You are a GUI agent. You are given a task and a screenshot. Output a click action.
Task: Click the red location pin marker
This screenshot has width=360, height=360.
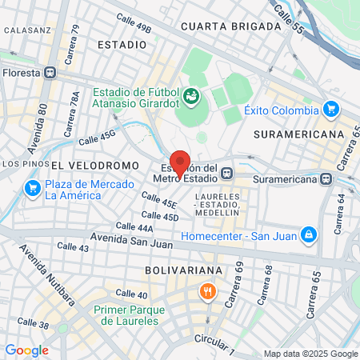pyautogui.click(x=180, y=163)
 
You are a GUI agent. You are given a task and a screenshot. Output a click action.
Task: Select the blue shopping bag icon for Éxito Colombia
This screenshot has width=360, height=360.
pyautogui.click(x=331, y=109)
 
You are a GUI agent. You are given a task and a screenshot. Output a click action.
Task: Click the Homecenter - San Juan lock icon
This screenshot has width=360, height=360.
pyautogui.click(x=307, y=235)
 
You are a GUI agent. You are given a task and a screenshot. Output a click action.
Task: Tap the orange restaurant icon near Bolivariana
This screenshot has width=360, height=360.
pyautogui.click(x=208, y=291)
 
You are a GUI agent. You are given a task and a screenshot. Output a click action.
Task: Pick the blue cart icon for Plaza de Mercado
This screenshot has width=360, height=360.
pyautogui.click(x=33, y=189)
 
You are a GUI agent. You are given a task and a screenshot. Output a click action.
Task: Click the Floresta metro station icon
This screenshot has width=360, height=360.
pyautogui.click(x=51, y=72)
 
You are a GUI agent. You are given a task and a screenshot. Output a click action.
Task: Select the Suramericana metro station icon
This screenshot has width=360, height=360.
pyautogui.click(x=326, y=178)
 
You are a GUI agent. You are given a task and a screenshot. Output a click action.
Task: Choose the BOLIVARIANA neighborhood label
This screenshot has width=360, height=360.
pyautogui.click(x=177, y=271)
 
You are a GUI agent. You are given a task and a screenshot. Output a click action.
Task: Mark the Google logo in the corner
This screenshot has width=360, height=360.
pyautogui.click(x=26, y=350)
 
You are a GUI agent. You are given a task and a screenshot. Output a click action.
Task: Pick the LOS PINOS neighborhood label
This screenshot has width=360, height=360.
pyautogui.click(x=20, y=164)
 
